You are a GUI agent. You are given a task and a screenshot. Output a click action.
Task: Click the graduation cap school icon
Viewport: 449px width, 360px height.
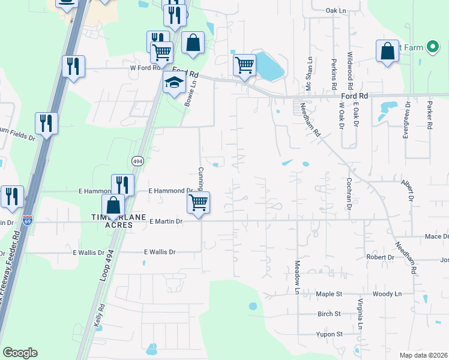(173, 84)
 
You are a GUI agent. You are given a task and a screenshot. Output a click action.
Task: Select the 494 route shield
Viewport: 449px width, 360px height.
(137, 160)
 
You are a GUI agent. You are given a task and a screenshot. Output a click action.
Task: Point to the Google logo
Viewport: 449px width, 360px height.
(20, 353)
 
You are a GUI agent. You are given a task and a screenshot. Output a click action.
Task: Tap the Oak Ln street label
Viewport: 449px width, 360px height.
(336, 11)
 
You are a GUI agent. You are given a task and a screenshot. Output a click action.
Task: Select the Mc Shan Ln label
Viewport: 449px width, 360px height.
(310, 74)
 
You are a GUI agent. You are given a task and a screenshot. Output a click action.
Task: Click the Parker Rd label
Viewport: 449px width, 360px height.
(430, 115)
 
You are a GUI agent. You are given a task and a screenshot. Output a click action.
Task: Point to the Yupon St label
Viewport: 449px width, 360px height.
(330, 334)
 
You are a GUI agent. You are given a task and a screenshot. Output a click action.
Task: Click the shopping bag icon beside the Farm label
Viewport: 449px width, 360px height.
(388, 51)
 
